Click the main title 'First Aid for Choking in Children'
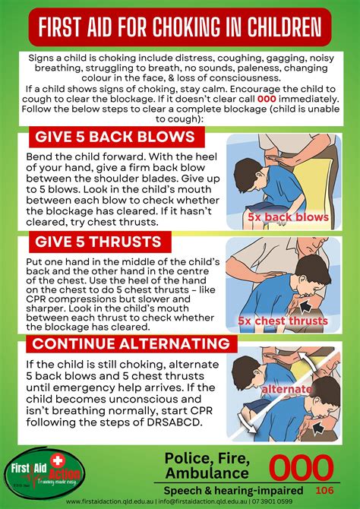tap(180, 28)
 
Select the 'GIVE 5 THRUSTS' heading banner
tap(96, 242)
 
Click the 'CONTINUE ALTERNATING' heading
tap(129, 344)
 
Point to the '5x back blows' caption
tap(287, 217)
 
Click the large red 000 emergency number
tap(302, 467)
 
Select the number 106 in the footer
tap(324, 490)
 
